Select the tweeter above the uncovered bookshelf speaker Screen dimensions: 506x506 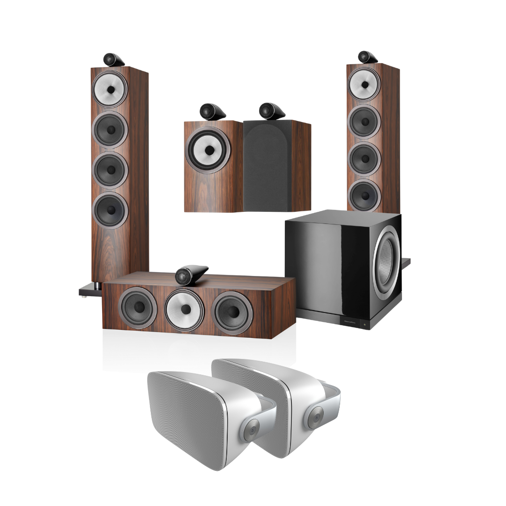click(x=207, y=112)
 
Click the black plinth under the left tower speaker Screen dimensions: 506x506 click(x=89, y=291)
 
